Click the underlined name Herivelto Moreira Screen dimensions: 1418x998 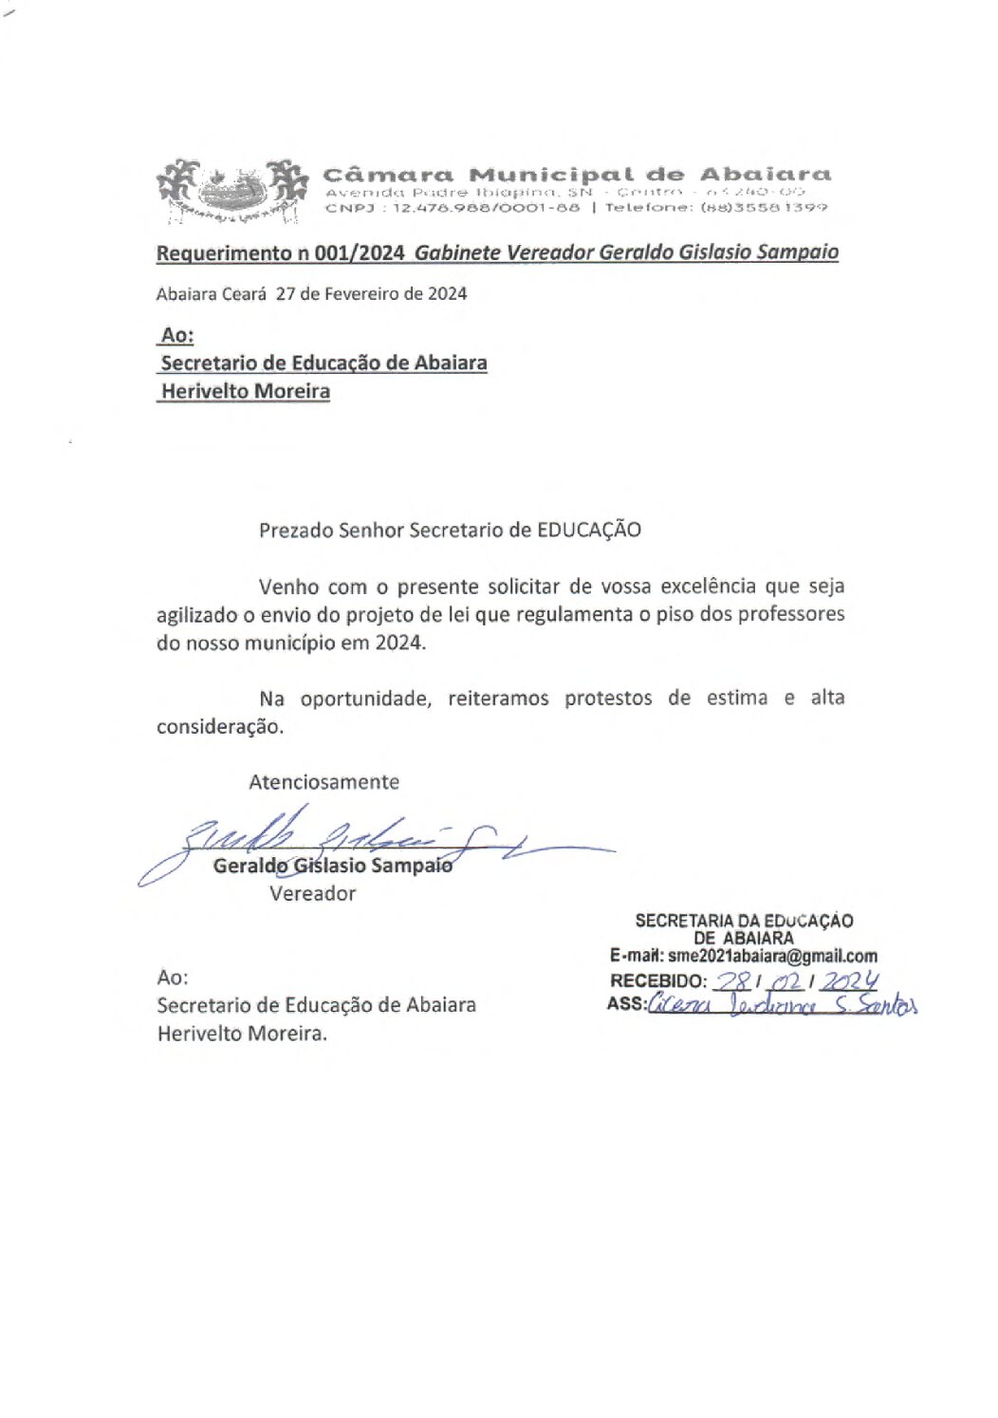coord(245,391)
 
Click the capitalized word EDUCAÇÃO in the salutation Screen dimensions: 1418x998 coord(588,530)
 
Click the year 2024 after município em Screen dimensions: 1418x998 coord(398,643)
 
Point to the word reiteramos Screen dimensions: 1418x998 coord(498,699)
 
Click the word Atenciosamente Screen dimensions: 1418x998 coord(323,782)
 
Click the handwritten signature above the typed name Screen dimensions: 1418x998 coord(379,835)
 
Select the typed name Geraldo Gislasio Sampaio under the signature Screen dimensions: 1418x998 coord(332,866)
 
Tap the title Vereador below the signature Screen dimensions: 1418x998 coord(312,894)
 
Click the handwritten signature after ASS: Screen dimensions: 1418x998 coord(783,1005)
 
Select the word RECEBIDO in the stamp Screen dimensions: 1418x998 coord(656,981)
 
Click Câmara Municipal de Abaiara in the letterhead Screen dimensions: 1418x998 coord(577,175)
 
